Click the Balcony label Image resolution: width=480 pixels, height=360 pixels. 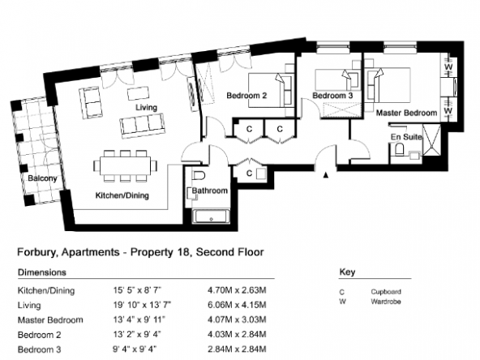click(42, 178)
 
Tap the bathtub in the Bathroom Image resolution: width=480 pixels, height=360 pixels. click(212, 216)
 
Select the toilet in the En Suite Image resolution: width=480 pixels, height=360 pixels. click(399, 149)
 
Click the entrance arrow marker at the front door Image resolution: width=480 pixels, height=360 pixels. click(326, 175)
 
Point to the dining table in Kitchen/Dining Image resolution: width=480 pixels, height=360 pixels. click(125, 166)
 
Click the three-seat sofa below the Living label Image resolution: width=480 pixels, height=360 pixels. click(142, 126)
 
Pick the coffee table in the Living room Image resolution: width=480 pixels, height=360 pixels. click(138, 93)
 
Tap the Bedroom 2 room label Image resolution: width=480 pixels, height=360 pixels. click(246, 96)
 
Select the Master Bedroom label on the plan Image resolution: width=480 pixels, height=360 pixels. click(406, 113)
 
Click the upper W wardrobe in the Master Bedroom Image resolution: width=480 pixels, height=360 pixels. click(448, 66)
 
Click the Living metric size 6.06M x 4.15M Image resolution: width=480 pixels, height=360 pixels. click(237, 305)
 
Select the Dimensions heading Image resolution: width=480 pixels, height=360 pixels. click(42, 272)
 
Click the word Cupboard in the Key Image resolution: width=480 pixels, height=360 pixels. click(386, 292)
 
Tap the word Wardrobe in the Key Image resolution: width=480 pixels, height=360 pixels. click(386, 302)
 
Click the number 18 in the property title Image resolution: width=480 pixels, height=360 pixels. click(182, 252)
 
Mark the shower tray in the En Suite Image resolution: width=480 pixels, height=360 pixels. click(431, 140)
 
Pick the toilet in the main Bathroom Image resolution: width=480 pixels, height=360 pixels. click(199, 176)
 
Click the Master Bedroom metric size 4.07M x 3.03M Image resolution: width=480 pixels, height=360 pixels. click(237, 319)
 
